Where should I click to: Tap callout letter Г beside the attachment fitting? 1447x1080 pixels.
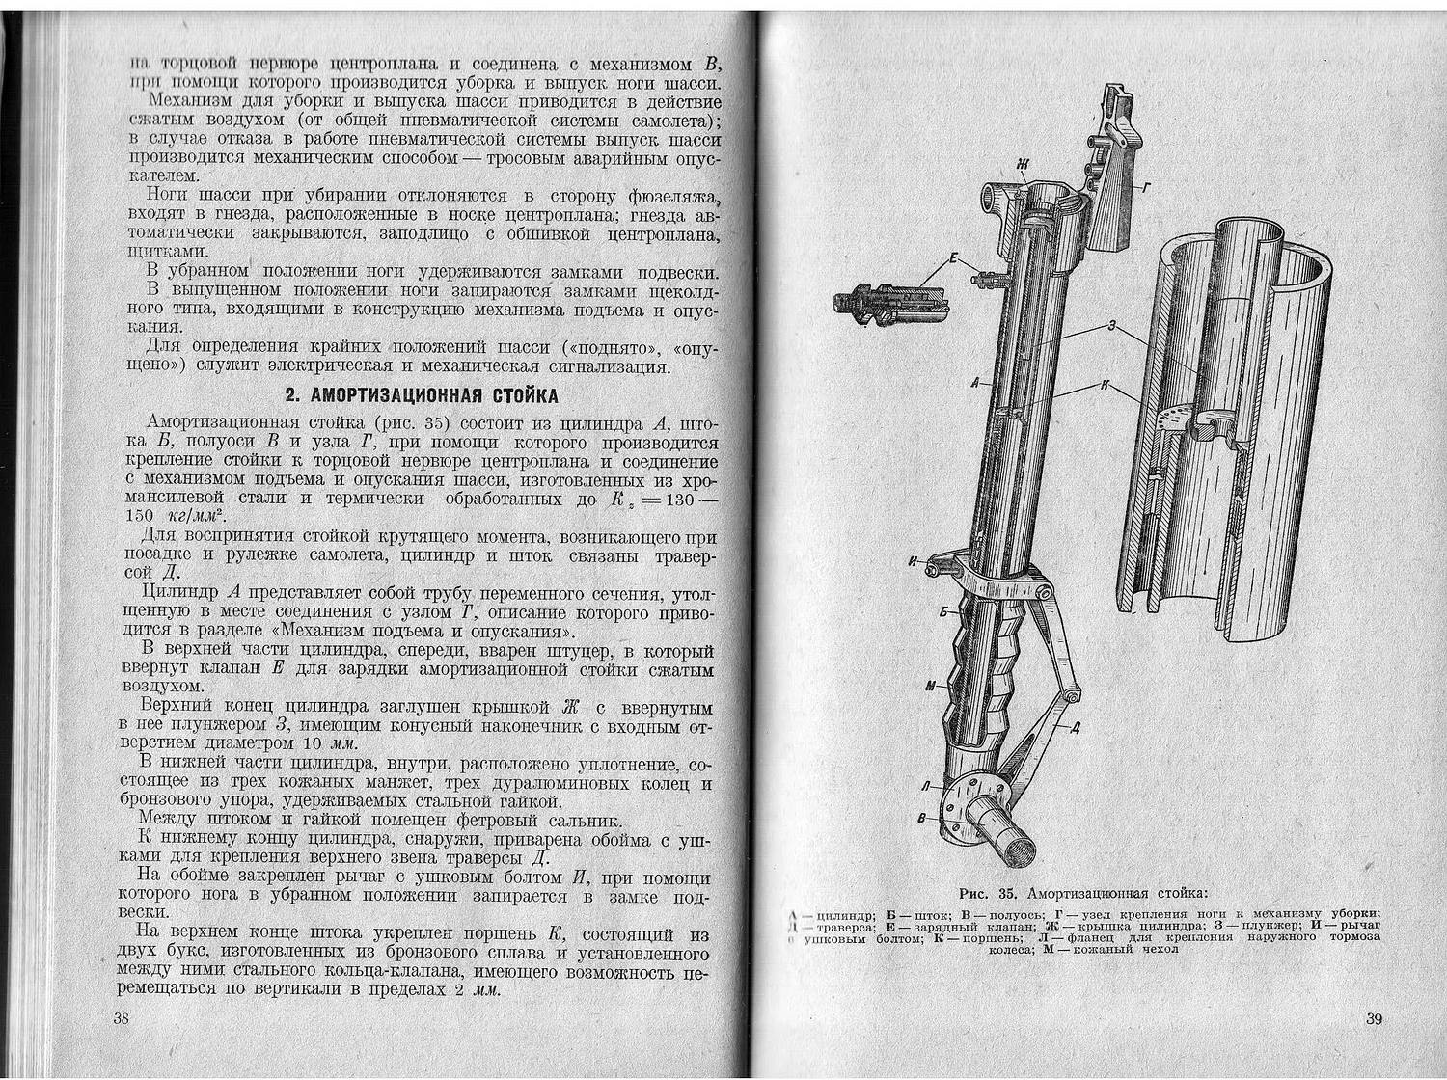point(1145,189)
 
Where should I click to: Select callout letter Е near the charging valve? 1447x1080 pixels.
point(953,257)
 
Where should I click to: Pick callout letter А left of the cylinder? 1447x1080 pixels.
point(976,383)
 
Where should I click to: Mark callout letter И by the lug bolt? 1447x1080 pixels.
point(913,559)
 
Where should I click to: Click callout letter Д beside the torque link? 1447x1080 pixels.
point(1076,727)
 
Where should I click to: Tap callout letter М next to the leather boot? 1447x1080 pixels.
point(930,686)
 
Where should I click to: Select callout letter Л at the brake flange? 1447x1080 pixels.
point(926,787)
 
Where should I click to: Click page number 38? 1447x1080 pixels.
point(121,1019)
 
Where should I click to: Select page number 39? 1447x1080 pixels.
point(1375,1019)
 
